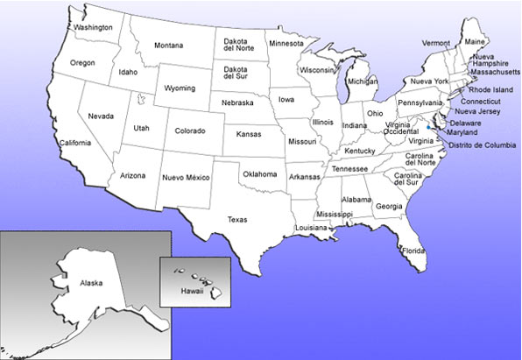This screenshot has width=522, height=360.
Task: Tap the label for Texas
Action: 236,220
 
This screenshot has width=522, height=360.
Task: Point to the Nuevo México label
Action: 186,178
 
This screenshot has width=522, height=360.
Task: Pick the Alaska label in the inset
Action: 91,284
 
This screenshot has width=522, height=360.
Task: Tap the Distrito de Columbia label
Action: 479,145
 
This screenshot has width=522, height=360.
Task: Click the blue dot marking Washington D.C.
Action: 427,127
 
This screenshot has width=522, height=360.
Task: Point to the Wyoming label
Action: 180,88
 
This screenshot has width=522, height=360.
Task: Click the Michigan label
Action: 363,81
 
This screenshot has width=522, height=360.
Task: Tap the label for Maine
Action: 475,41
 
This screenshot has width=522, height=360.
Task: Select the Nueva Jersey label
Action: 478,111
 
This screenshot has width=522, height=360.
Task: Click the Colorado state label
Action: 189,131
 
